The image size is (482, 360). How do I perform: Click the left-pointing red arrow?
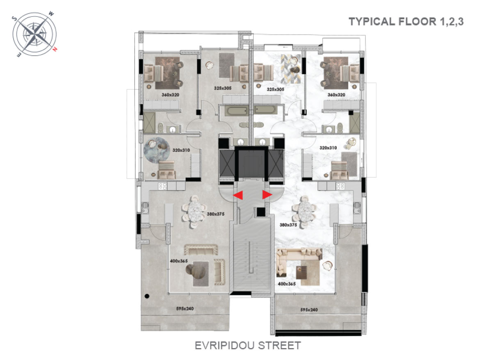[238, 195]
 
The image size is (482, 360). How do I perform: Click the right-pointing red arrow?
[267, 194]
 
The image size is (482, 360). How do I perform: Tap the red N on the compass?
[55, 48]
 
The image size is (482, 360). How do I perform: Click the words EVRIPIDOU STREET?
[248, 346]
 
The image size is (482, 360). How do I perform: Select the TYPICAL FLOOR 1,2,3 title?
[406, 21]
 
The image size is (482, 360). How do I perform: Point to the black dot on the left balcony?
[147, 296]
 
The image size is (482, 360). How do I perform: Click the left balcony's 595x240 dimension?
[185, 308]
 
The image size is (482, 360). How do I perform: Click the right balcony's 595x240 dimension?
[309, 310]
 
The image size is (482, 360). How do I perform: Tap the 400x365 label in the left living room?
[179, 261]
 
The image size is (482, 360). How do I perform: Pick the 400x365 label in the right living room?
[287, 284]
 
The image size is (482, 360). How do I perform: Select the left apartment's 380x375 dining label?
[215, 214]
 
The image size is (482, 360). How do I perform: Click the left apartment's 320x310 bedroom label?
[181, 150]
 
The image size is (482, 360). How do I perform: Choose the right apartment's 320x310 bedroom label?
[328, 148]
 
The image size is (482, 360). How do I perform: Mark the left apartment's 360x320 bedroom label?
[170, 95]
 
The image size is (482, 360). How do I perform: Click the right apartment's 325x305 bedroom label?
[275, 89]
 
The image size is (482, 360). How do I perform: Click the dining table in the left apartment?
[194, 212]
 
